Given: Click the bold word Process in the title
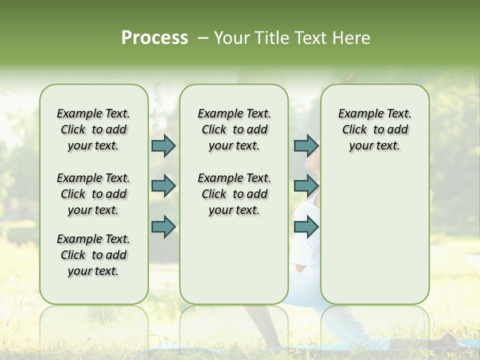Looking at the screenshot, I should point(154,38).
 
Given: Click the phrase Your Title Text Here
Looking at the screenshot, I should point(292,38).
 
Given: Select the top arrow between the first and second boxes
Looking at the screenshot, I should point(163,145).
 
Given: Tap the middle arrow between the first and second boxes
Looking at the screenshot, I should point(163,185).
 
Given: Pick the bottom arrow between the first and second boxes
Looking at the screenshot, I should point(163,226).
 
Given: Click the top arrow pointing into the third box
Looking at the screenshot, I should point(305,145).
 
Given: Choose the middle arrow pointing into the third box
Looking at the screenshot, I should point(305,185).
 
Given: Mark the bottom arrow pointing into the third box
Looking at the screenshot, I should point(305,226).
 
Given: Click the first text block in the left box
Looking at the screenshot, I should point(93,129).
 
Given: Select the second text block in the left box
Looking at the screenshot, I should point(93,194).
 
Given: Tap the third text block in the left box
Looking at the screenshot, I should point(93,255).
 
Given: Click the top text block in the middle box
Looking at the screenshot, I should point(234,129).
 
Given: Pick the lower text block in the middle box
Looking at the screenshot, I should point(234,194).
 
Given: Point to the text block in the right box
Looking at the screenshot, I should point(374,129).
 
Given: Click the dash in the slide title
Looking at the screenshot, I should point(203,38).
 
